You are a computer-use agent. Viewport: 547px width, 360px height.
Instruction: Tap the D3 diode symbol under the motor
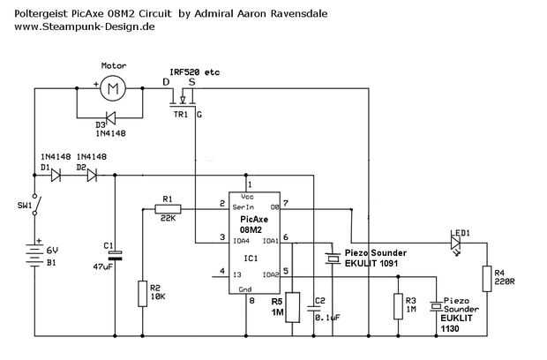(111, 116)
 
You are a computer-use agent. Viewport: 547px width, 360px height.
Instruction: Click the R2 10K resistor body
(142, 293)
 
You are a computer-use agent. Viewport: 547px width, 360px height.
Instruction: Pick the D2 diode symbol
(91, 175)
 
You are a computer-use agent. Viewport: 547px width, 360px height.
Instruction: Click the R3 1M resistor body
(398, 304)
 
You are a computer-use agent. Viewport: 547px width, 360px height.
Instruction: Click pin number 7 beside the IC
(285, 203)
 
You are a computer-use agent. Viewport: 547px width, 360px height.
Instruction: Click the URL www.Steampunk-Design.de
(86, 27)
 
